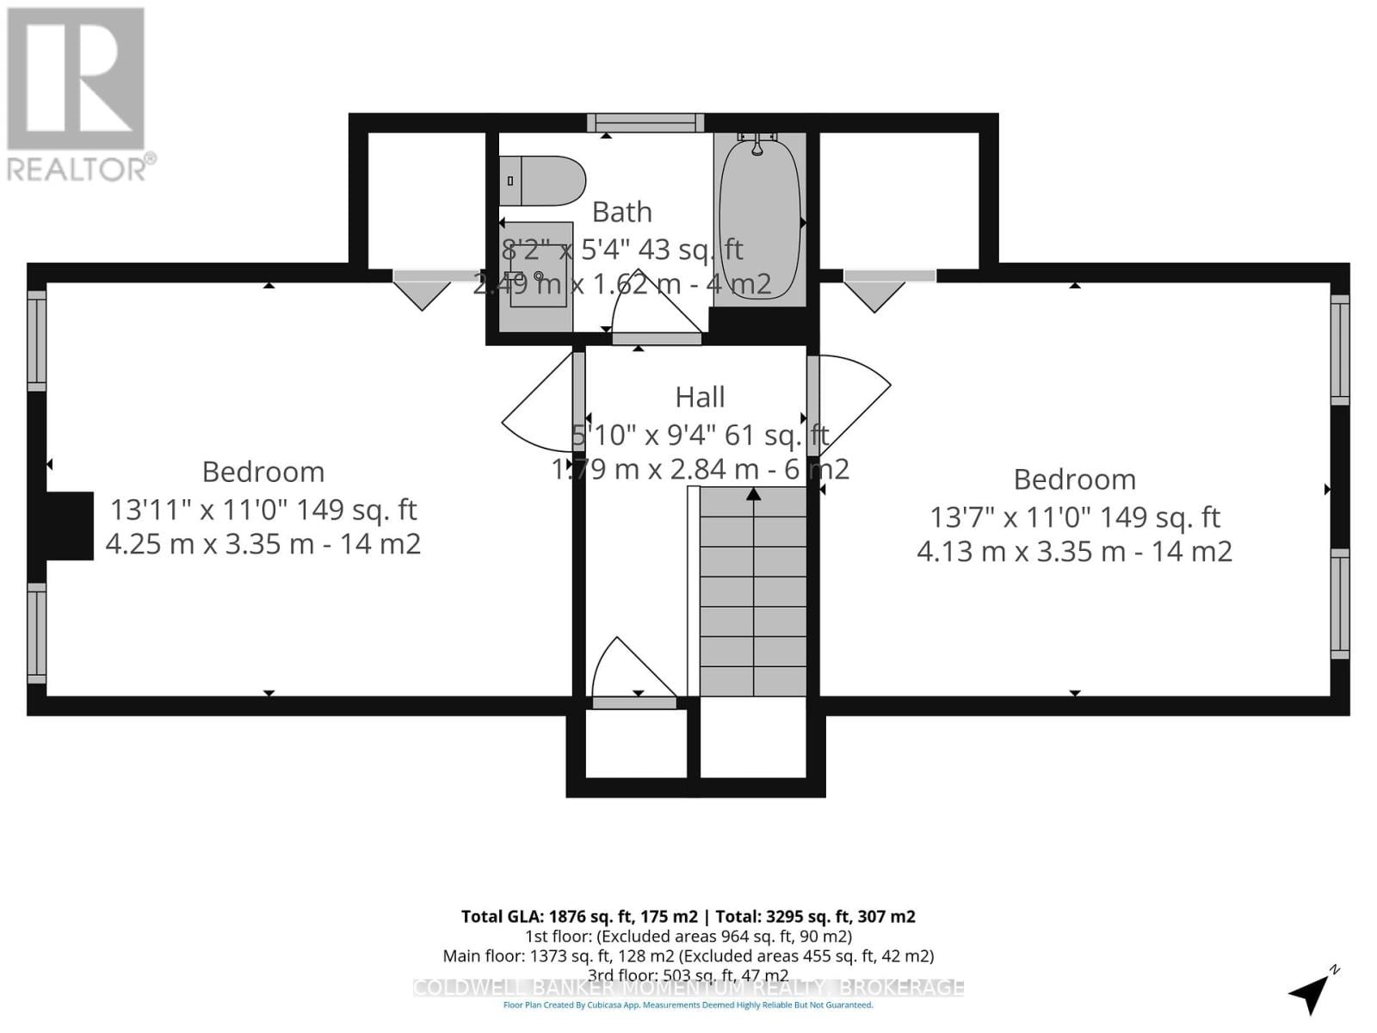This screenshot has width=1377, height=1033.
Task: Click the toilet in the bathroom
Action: [x=542, y=181]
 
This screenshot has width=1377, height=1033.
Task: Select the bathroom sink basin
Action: [x=538, y=276]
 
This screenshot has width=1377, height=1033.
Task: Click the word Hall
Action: [x=700, y=397]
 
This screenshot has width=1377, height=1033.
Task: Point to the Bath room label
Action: [x=621, y=212]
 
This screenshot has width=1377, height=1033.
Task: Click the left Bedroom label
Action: [x=263, y=472]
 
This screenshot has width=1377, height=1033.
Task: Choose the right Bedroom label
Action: [x=1074, y=479]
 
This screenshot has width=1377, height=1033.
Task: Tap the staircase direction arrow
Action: [x=754, y=494]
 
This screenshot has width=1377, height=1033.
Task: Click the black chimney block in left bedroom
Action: [x=69, y=526]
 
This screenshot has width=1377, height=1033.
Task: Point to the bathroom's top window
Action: [x=645, y=123]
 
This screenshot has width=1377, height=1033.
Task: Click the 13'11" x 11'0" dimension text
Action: [x=263, y=510]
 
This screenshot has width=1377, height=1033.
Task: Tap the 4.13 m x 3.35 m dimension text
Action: [x=1074, y=551]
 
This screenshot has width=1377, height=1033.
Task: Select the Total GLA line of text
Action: [x=688, y=917]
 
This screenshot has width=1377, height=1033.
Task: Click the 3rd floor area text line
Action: [x=688, y=975]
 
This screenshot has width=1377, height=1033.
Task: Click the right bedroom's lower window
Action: [x=1340, y=603]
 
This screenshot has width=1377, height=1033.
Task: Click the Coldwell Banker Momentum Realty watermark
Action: [x=688, y=988]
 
